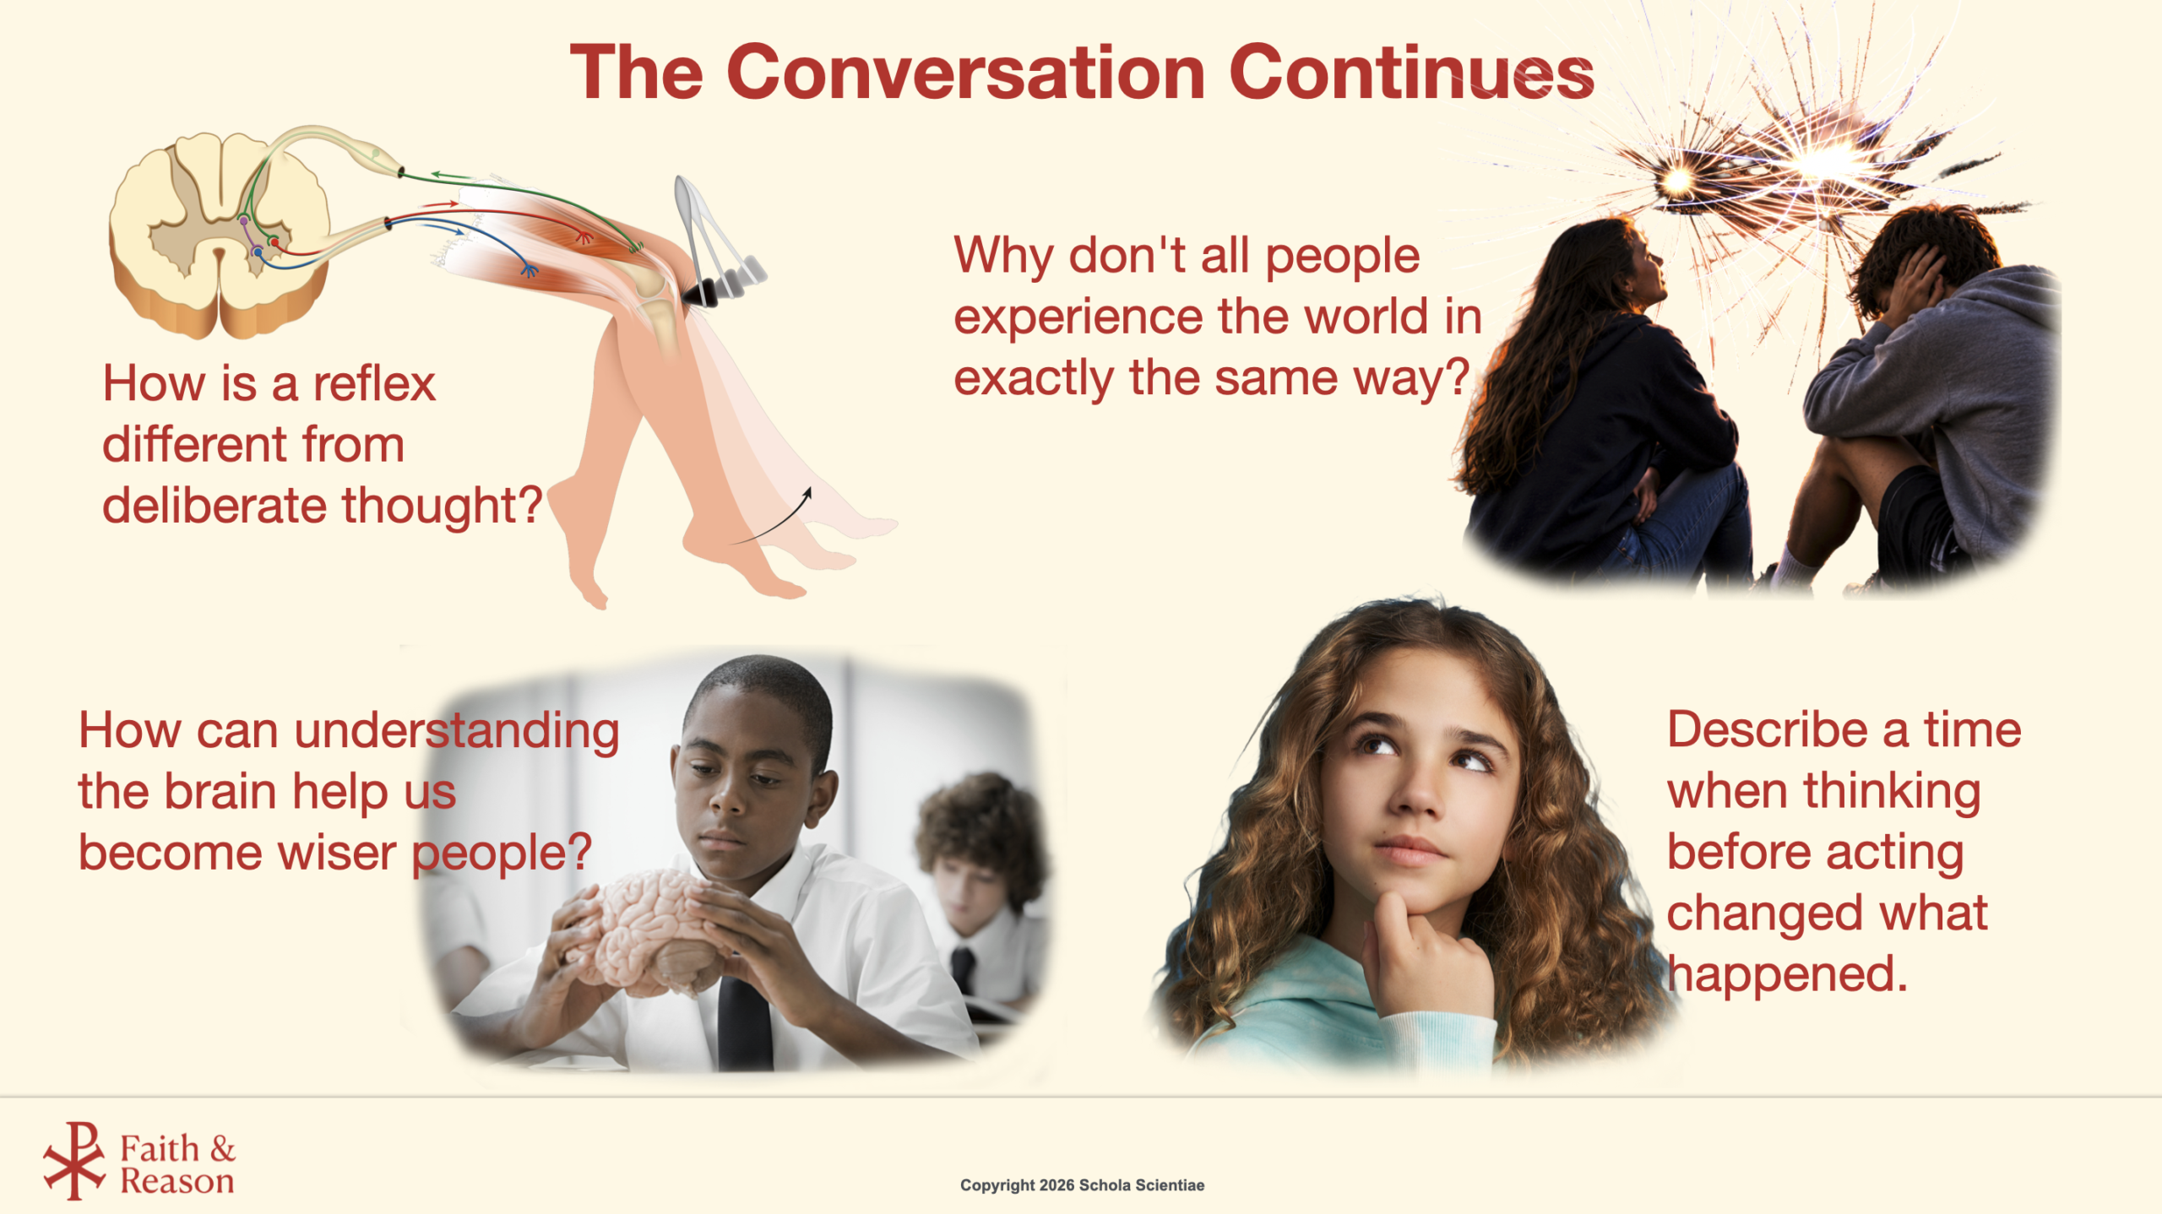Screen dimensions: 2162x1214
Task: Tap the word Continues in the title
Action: [x=1411, y=73]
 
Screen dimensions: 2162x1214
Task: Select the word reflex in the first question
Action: [x=374, y=383]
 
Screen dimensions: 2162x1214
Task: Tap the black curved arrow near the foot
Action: [x=770, y=517]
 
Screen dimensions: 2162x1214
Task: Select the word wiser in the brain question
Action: [x=337, y=852]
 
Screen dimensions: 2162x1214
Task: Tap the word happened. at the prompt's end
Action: [x=1787, y=974]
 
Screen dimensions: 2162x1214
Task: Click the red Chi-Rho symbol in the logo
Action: [x=74, y=1161]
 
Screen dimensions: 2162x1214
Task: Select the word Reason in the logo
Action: [x=177, y=1181]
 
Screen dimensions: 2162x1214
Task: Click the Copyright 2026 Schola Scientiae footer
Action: [x=1082, y=1185]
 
